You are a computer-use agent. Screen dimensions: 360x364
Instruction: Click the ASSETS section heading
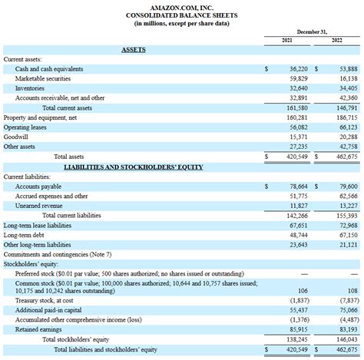coord(134,50)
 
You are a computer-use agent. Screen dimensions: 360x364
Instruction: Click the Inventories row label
coord(30,88)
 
